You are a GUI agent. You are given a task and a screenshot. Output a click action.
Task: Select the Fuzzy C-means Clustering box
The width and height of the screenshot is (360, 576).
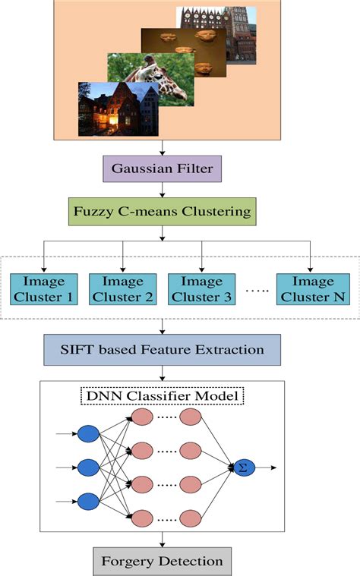tap(162, 212)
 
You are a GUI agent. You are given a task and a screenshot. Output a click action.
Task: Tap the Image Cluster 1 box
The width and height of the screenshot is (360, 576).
tap(43, 289)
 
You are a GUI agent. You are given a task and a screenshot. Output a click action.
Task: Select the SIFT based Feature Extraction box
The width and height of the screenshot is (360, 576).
tap(162, 350)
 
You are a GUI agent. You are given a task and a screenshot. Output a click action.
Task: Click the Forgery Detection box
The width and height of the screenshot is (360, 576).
tap(162, 561)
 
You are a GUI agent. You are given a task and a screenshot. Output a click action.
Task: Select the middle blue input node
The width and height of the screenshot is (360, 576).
tap(88, 467)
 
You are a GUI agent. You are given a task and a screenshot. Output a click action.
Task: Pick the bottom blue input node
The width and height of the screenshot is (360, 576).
tap(88, 501)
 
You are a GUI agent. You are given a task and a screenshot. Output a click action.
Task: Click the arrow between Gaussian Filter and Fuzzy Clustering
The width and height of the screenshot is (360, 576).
tap(162, 190)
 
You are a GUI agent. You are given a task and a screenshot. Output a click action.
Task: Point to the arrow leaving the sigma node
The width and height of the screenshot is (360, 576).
tap(266, 467)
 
